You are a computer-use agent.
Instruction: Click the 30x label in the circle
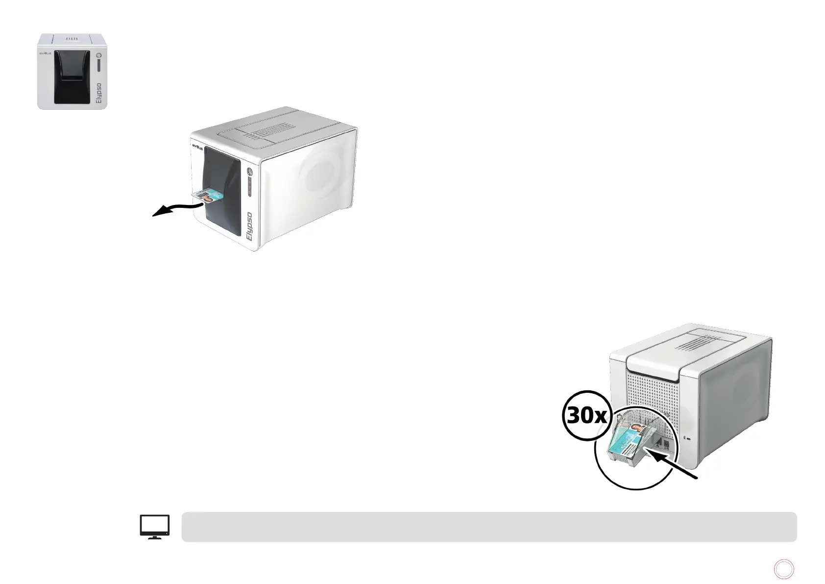(x=586, y=416)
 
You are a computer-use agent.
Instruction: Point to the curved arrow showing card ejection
(x=176, y=208)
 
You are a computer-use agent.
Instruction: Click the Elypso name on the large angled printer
(x=250, y=228)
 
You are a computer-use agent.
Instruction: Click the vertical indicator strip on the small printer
(x=98, y=66)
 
